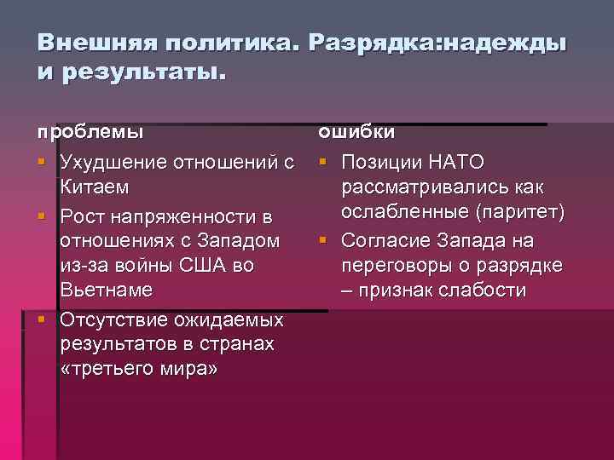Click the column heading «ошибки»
pos(356,133)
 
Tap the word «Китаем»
pos(94,186)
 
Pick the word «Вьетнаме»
pos(107,290)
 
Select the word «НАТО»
pos(456,161)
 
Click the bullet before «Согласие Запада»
pos(325,241)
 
